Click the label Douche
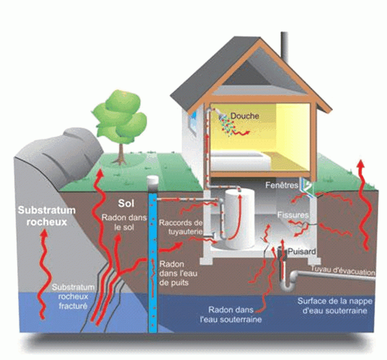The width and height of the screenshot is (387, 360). coord(245,116)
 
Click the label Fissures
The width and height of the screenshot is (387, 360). coord(293,215)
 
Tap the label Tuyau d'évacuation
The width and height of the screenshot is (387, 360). coord(342,272)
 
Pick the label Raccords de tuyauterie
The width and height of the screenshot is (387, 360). coord(180,226)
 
